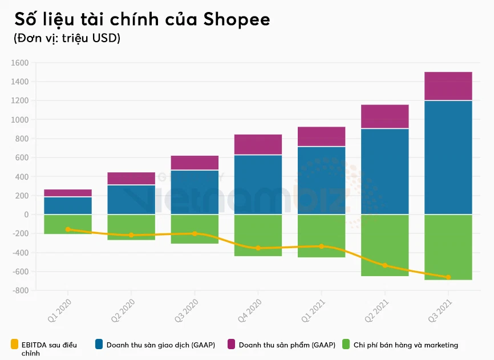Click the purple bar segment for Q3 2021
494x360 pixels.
tap(448, 86)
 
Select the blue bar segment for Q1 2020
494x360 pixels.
tap(68, 205)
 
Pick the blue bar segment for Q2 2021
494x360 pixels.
tap(384, 171)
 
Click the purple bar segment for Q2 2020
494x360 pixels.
tap(131, 178)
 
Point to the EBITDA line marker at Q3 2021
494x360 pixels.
tap(448, 277)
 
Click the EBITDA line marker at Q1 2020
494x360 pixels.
tap(68, 229)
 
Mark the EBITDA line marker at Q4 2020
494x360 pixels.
tap(258, 248)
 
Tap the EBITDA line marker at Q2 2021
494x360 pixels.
tap(384, 265)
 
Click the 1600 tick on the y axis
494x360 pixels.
tap(19, 63)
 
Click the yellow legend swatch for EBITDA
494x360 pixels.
tap(15, 344)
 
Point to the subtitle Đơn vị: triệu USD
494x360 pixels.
tap(66, 39)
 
